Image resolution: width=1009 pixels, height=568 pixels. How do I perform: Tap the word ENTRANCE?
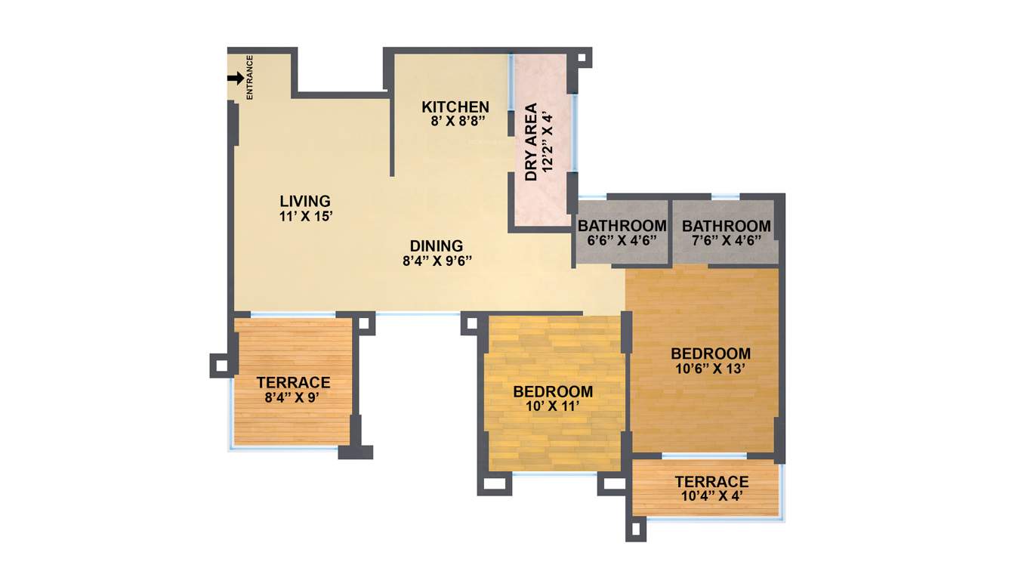(x=250, y=78)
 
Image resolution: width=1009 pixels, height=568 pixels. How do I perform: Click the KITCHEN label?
(x=455, y=106)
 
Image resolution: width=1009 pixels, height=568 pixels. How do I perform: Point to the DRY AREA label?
(x=531, y=142)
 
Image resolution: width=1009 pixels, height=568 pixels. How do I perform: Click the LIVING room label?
(x=305, y=201)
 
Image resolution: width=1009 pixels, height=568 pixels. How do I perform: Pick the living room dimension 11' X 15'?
(x=306, y=216)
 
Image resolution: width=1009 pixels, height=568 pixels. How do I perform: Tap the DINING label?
(x=437, y=245)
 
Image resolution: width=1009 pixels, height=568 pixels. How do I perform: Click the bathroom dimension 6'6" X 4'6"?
(x=622, y=240)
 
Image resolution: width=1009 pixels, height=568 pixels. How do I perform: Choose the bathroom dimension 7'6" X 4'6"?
(x=726, y=240)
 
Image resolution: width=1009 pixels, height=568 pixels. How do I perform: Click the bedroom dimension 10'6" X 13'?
(x=711, y=369)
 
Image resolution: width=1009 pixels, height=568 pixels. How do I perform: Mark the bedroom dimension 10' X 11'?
(x=552, y=406)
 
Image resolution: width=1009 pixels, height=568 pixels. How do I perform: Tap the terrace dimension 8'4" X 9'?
(x=293, y=397)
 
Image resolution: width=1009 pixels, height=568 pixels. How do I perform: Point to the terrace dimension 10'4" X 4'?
(x=711, y=496)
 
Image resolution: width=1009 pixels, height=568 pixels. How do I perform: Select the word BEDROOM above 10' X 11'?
(x=553, y=391)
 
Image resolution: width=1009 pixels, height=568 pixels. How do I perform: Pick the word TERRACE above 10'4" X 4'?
(x=711, y=482)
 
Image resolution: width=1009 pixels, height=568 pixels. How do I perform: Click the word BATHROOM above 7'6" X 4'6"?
(x=726, y=226)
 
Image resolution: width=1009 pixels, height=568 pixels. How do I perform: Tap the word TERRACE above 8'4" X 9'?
(x=293, y=382)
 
